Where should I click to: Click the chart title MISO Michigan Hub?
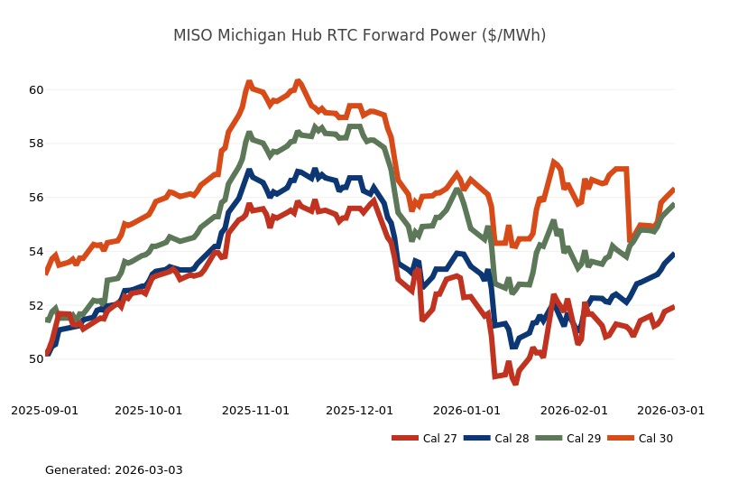click(x=359, y=35)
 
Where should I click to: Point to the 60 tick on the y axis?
click(x=36, y=90)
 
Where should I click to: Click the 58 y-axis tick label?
click(x=36, y=144)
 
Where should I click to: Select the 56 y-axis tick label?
click(x=36, y=198)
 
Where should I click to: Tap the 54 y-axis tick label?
click(x=36, y=251)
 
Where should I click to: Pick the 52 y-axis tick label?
click(x=36, y=305)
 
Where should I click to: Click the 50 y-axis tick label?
click(x=36, y=359)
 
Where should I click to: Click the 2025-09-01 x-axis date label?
click(x=44, y=410)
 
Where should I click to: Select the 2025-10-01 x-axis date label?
click(x=148, y=410)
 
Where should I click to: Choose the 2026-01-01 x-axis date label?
click(x=466, y=410)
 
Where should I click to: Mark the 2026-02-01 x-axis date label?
click(x=572, y=410)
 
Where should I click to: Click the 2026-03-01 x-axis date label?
click(x=670, y=410)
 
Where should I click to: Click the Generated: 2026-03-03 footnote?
click(x=114, y=470)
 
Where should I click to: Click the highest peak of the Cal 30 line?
click(x=248, y=82)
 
